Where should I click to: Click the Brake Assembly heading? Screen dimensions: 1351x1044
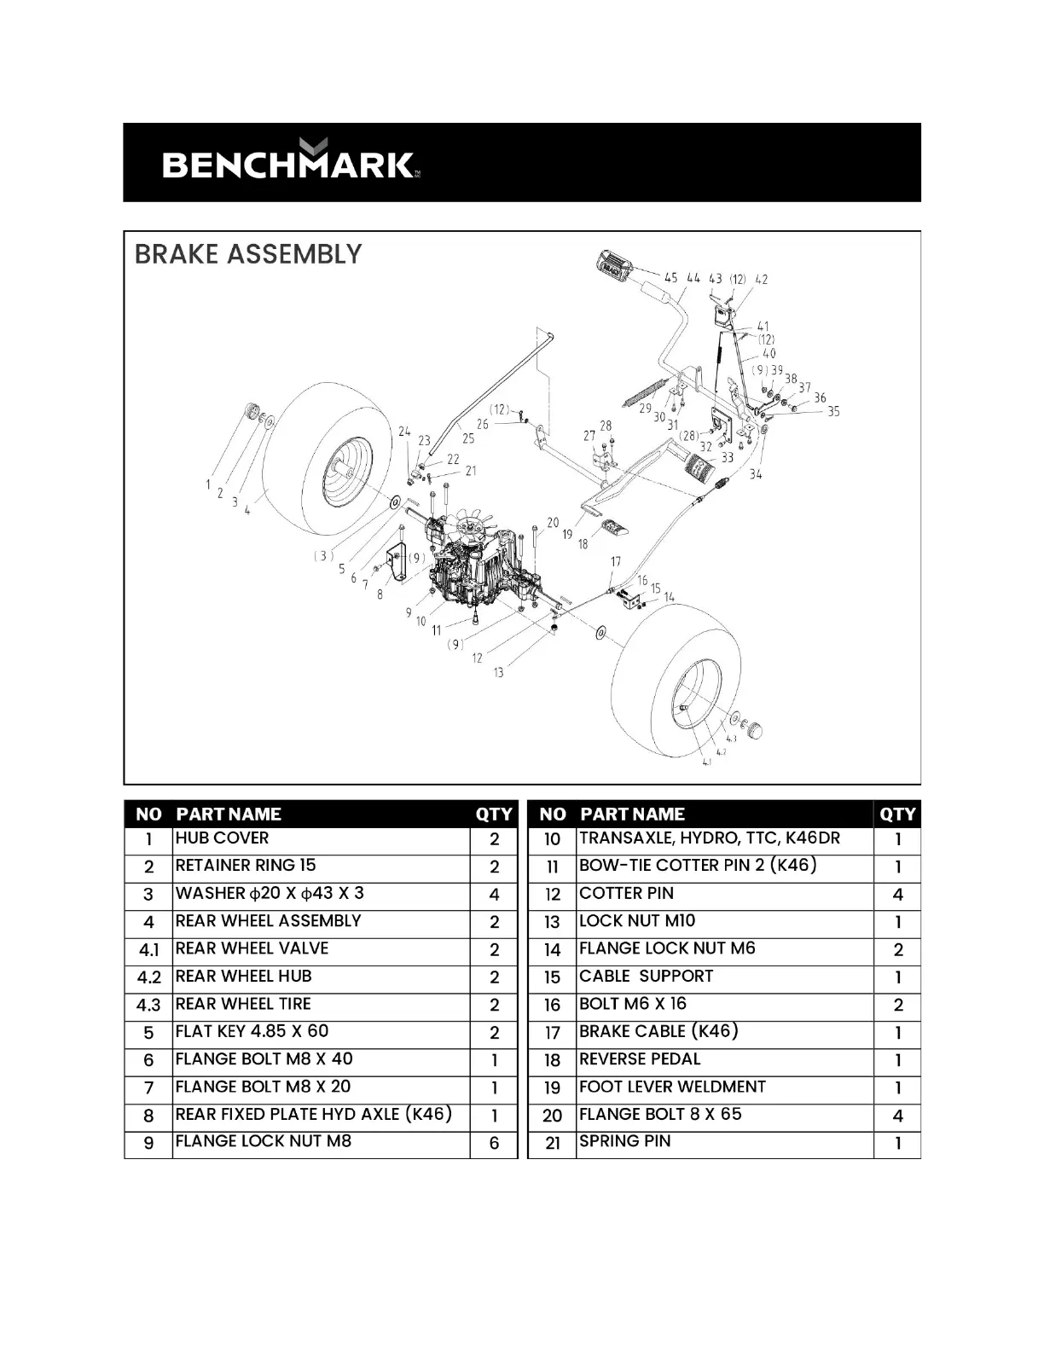[248, 254]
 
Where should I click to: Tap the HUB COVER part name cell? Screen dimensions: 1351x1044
[222, 838]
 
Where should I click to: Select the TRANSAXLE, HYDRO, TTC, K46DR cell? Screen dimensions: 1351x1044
[709, 838]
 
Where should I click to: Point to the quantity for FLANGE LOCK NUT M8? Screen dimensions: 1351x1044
[494, 1143]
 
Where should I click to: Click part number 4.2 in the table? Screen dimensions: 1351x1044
[148, 977]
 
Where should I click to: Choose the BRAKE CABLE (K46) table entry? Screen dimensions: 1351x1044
[658, 1031]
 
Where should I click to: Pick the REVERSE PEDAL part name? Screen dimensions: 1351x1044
[640, 1059]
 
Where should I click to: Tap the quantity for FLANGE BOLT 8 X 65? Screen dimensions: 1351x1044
[897, 1116]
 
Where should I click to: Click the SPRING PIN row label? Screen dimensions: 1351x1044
[624, 1141]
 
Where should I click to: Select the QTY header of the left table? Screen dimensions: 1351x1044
[494, 815]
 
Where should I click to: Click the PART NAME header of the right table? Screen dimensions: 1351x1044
[632, 815]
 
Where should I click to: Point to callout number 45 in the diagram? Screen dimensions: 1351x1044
[671, 278]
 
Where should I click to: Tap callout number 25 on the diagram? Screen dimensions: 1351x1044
[467, 438]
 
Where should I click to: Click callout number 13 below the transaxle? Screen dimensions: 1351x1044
[498, 672]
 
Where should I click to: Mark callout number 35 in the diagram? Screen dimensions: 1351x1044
[833, 411]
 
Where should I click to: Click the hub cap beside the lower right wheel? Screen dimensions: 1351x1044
[754, 730]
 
